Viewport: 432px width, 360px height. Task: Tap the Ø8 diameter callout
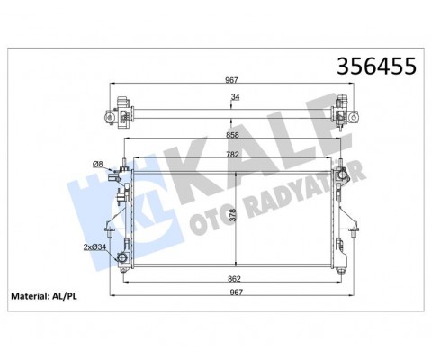[x=100, y=164]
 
